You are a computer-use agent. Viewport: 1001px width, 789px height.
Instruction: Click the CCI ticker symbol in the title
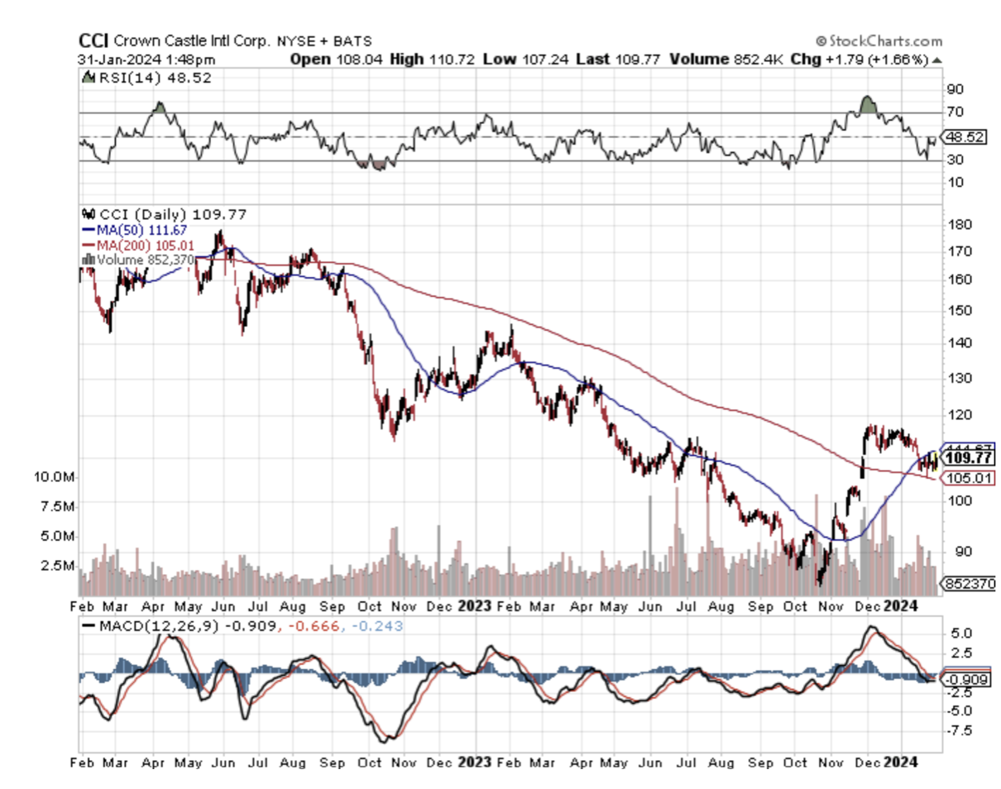click(x=93, y=41)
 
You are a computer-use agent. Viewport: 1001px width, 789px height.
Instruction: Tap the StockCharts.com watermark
click(x=879, y=41)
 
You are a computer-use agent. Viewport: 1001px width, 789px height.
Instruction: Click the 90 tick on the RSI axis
click(x=955, y=88)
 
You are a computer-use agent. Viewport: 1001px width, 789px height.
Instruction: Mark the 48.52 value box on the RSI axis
click(x=963, y=137)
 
